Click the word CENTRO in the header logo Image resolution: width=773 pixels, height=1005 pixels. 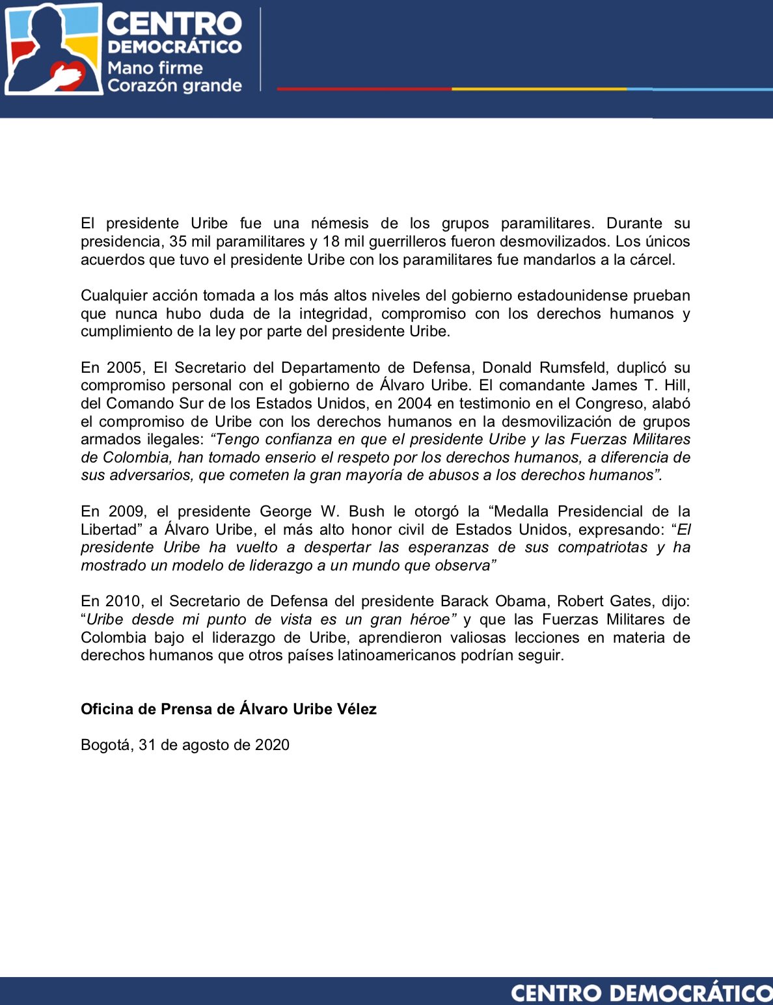[174, 24]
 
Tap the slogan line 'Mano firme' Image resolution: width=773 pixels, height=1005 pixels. [155, 68]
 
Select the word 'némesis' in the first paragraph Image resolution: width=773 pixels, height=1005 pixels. [340, 223]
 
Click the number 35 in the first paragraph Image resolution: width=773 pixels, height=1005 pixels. [178, 241]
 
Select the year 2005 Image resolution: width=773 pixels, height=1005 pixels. [124, 368]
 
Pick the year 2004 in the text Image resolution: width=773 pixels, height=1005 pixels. [414, 403]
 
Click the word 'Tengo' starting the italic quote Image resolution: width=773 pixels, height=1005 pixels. [235, 439]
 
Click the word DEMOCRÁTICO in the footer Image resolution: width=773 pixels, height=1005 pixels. [691, 993]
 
